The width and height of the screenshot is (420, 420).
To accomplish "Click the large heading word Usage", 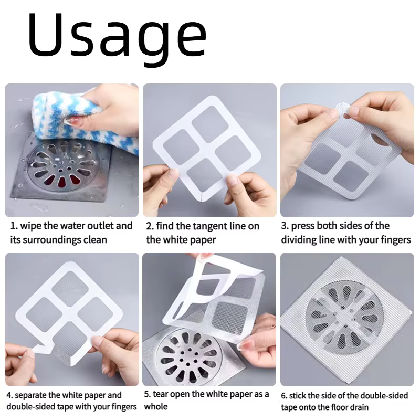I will (x=117, y=35).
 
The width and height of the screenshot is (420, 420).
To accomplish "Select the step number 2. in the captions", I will (x=150, y=226).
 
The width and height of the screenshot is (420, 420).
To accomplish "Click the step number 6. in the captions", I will (x=284, y=395).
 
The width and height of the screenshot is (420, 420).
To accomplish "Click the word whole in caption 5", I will (x=155, y=406).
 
